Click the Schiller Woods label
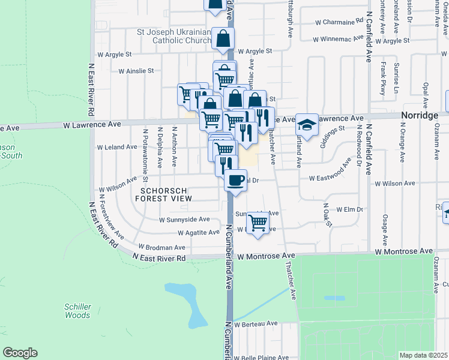[77, 311]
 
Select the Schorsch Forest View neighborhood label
[166, 193]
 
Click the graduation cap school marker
[307, 125]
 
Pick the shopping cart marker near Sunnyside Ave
[258, 223]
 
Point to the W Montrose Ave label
[267, 256]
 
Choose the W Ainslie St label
[136, 71]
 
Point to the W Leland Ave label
[118, 147]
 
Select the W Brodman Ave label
[162, 247]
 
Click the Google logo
[20, 353]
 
